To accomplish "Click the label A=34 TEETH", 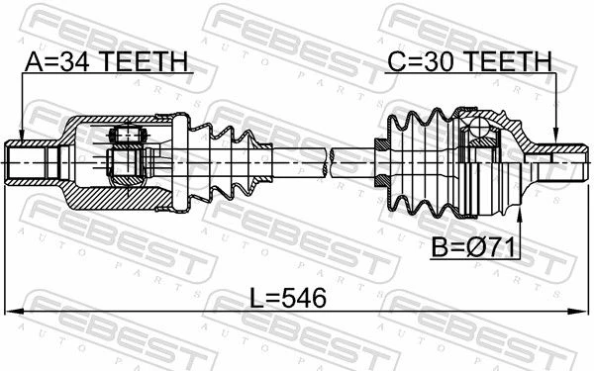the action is (107, 61).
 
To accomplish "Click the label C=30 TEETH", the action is (469, 61).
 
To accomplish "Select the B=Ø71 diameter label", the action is (474, 247).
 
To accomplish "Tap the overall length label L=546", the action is (288, 298).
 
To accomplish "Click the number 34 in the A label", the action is (74, 61).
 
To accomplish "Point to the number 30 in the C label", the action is (439, 61).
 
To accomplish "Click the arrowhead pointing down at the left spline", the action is (22, 135).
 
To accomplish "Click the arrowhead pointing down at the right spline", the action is (555, 135).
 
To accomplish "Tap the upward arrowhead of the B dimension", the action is (520, 216).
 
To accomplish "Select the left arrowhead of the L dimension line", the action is (14, 312).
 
